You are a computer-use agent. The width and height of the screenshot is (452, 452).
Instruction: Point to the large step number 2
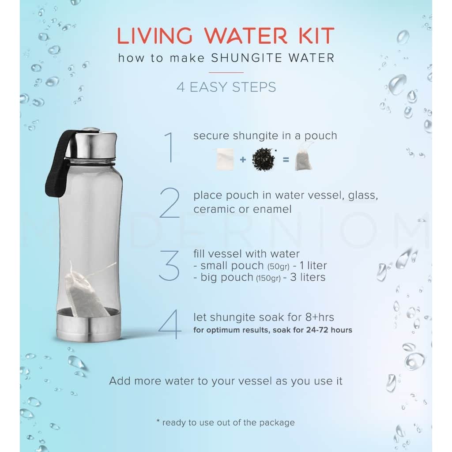point(170,203)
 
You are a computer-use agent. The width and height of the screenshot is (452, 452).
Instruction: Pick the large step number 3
point(169,265)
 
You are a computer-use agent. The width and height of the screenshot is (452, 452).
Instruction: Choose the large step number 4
point(170,324)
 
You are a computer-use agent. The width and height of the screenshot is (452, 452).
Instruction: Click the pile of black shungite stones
point(264,159)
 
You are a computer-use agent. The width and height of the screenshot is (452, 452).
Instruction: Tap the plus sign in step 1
point(243,159)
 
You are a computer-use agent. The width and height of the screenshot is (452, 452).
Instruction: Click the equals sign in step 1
point(286,159)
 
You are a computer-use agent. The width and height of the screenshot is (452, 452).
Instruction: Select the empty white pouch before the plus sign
point(225,159)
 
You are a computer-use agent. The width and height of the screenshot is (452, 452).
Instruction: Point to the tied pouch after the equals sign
point(304,157)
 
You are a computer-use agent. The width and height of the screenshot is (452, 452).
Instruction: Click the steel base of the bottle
point(89,325)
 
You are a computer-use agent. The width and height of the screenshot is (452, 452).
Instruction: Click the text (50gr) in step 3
point(278,267)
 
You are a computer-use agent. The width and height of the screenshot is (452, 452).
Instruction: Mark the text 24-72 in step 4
point(317,330)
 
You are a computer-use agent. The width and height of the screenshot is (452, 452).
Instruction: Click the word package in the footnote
point(277,423)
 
